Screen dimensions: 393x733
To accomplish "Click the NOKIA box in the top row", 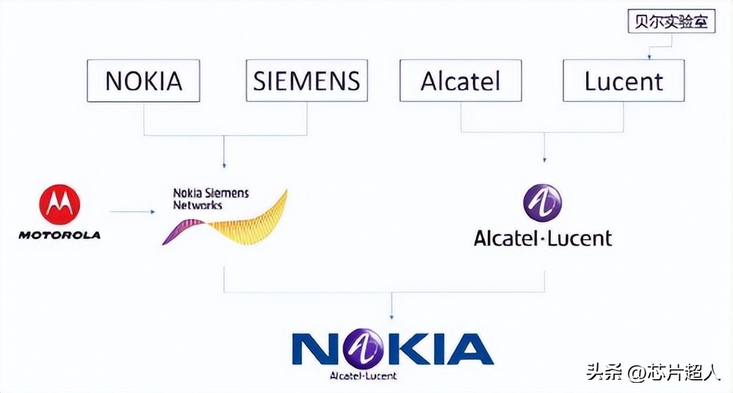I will point(143,81).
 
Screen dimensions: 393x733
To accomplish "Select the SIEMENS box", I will point(306,81).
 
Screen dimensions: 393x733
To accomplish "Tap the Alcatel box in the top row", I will point(461,81).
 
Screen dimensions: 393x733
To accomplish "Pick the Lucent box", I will point(624,81).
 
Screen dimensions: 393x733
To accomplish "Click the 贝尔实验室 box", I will point(672,21).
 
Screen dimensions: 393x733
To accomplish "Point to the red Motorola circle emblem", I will point(59,204).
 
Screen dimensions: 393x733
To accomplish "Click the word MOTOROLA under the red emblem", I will point(59,235).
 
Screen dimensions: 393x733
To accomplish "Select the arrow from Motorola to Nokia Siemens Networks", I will point(132,212).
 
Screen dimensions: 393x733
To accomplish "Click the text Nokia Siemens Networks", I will point(210,199).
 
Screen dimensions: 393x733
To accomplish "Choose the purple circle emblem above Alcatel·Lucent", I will point(542,203).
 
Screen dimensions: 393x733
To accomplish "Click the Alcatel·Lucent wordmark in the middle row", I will point(543,238).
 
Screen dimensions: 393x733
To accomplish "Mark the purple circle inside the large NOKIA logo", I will point(373,348).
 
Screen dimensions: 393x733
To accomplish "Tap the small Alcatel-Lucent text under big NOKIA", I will point(363,375).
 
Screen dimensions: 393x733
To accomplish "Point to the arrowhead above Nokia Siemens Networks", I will point(225,166).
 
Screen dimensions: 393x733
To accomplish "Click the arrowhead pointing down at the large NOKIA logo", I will point(391,315).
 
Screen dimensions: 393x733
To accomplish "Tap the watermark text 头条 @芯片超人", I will point(653,372).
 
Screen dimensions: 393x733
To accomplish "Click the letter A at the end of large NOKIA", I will point(469,349).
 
